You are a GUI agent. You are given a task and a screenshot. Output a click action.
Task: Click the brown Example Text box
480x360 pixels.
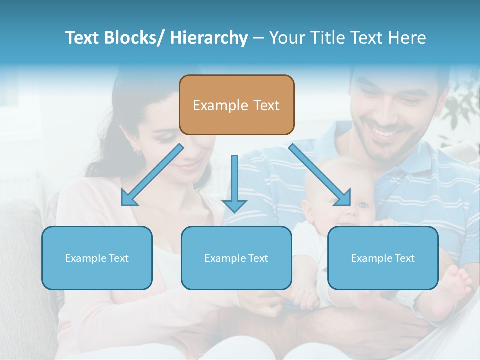236,105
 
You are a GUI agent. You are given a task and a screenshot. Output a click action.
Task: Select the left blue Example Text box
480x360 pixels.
97,258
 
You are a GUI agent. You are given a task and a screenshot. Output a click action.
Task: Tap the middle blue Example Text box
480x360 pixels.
236,258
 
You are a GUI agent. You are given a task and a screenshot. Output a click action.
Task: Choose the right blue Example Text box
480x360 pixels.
383,258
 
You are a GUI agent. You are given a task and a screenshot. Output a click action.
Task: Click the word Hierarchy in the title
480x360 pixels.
209,38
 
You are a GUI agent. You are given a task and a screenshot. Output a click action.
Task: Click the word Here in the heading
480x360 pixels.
407,38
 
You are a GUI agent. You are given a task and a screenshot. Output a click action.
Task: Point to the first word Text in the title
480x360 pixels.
83,38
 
